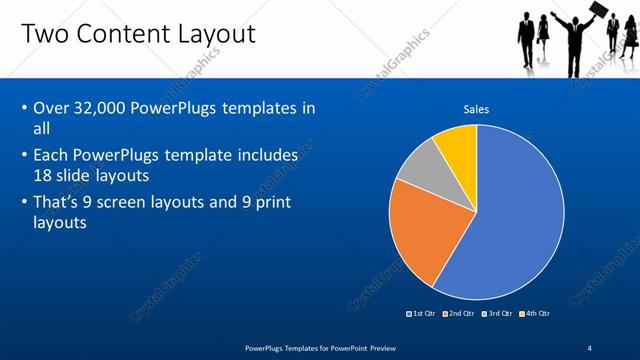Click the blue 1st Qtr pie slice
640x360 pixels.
tap(510, 220)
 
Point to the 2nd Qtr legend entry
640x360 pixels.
tap(459, 314)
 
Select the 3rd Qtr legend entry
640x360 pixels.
tap(497, 314)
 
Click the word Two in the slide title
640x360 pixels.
tap(45, 34)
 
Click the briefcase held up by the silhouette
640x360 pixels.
tap(597, 11)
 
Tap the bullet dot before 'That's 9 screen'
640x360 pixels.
tap(23, 203)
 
